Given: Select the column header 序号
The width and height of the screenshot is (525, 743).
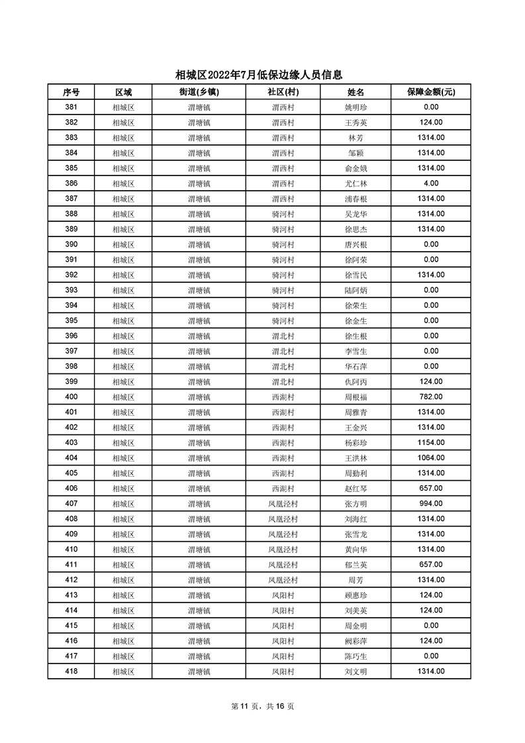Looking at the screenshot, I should (71, 92).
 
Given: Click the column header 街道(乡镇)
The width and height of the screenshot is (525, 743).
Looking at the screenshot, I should (199, 92).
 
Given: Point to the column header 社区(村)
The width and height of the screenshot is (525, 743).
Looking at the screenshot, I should (283, 92).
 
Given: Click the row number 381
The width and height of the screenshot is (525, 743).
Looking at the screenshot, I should (71, 107).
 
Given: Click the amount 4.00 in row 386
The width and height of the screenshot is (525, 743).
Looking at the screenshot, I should (431, 183).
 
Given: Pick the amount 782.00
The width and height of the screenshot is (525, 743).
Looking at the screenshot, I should (431, 397).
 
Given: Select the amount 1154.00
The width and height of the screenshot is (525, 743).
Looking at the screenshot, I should (431, 442).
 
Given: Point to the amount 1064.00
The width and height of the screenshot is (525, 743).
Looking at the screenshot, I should (431, 458).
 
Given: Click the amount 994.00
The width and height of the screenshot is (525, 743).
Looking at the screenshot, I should (431, 503).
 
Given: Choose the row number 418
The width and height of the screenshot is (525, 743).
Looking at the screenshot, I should (71, 671).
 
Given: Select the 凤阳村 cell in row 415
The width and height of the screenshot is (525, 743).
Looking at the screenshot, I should (283, 626).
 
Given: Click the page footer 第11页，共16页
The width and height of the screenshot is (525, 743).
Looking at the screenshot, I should (263, 706).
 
